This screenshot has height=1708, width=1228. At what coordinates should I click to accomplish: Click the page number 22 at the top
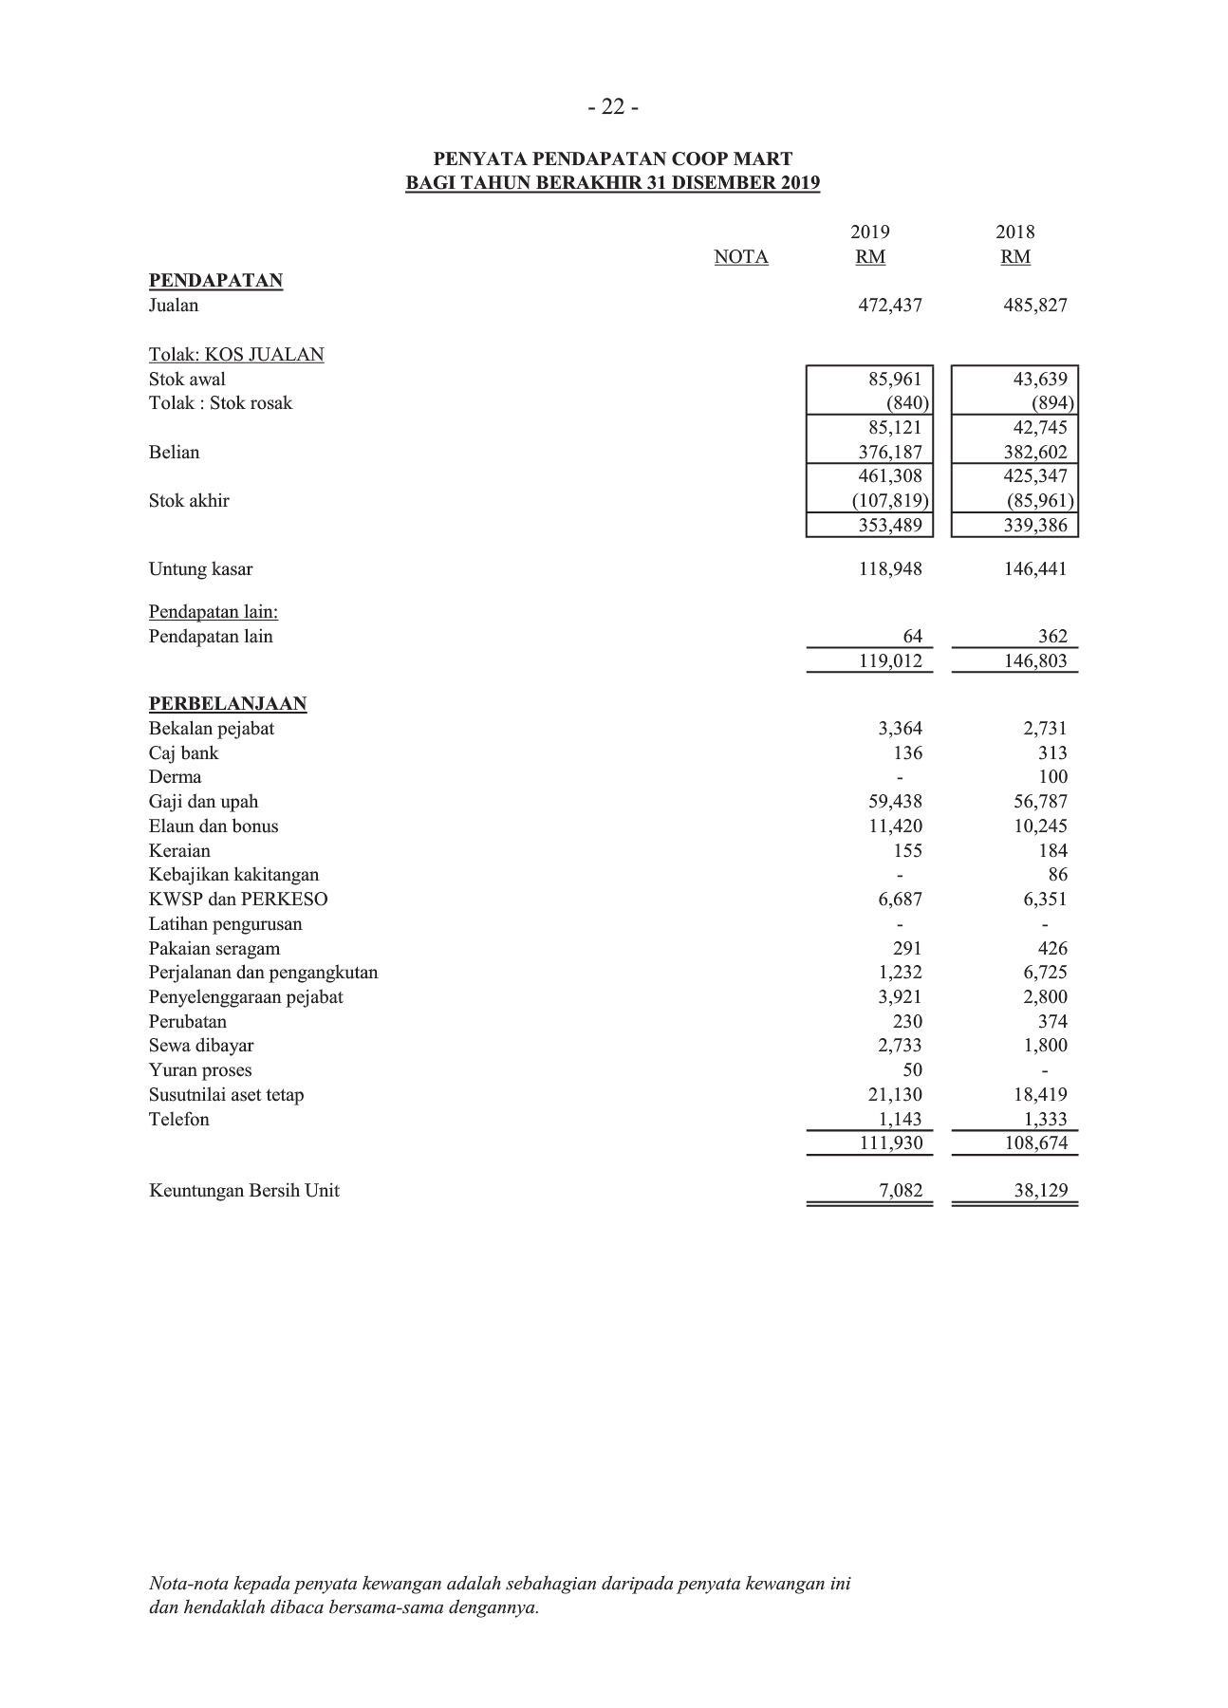(x=613, y=108)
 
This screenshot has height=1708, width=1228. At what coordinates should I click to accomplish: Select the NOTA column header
(x=741, y=257)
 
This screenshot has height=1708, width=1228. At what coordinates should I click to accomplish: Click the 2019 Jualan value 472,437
(x=890, y=306)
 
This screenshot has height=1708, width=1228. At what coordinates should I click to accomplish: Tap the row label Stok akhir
(x=189, y=501)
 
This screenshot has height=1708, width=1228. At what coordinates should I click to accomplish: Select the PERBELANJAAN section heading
(x=228, y=704)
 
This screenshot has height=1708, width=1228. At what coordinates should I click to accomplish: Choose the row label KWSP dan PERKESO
(x=238, y=900)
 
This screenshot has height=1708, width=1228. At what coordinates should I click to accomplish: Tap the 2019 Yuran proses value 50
(x=912, y=1070)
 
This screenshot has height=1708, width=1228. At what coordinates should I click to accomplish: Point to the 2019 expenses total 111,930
(x=890, y=1143)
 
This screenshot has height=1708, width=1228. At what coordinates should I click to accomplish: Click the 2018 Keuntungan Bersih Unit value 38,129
(x=1040, y=1191)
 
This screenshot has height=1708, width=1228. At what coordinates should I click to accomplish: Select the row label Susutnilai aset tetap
(x=227, y=1095)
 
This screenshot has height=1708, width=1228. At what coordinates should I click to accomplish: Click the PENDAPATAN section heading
(x=215, y=281)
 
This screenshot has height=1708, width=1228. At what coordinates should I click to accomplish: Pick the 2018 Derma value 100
(x=1052, y=777)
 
